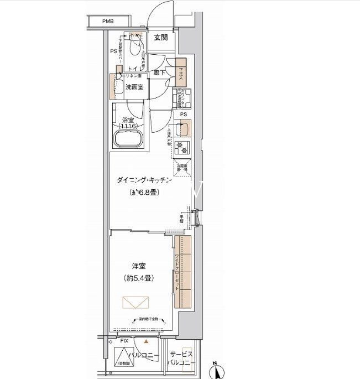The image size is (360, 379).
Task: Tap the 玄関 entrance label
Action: [161, 38]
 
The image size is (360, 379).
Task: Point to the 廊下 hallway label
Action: [160, 72]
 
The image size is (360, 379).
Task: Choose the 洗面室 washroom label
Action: [135, 87]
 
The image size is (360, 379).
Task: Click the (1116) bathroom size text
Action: [128, 126]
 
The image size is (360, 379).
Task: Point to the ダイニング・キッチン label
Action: [145, 180]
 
